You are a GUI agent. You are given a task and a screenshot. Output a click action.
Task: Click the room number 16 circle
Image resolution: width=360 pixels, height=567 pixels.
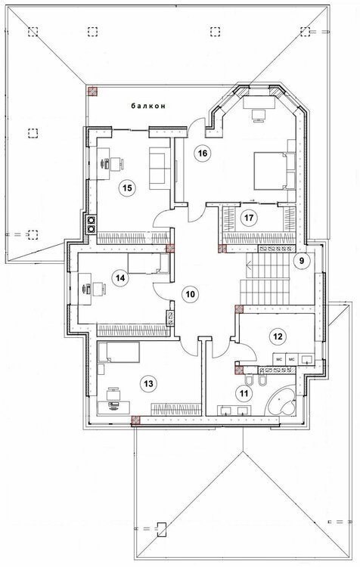[x=202, y=153]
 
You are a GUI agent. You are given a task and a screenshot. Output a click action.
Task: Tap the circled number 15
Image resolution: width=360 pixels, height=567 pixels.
[x=126, y=188]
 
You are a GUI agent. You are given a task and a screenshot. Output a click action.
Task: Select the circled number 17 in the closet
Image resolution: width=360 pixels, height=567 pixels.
[x=250, y=218]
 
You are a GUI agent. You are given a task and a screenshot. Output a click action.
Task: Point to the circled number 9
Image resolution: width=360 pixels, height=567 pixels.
[x=302, y=259]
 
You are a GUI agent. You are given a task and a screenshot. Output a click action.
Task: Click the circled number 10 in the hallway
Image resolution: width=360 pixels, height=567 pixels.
[x=191, y=294]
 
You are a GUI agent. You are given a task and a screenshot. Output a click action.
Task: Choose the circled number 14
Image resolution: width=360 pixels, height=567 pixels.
[x=120, y=277]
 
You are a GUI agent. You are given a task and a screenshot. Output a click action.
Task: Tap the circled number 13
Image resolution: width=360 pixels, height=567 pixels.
[x=149, y=383]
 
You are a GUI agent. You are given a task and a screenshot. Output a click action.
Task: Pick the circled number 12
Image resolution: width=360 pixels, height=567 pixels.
[x=278, y=336]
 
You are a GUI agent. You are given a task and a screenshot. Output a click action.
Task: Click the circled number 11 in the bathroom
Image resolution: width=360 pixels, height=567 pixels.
[x=244, y=393]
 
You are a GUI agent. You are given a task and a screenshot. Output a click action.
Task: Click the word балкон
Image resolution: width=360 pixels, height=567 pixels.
[x=148, y=106]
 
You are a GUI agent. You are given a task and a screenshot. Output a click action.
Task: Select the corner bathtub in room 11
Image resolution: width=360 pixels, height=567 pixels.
[x=281, y=401]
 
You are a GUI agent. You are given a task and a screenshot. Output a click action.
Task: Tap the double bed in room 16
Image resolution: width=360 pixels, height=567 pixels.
[x=275, y=171]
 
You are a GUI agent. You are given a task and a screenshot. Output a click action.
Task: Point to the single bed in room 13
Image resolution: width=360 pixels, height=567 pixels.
[x=119, y=352]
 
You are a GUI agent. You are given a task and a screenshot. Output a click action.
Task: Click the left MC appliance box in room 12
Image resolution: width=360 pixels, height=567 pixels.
[x=279, y=359]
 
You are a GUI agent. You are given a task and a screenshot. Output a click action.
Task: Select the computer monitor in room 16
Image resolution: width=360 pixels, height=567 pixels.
[x=259, y=116]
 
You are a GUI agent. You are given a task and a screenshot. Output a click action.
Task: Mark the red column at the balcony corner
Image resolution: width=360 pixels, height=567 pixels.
[x=93, y=91]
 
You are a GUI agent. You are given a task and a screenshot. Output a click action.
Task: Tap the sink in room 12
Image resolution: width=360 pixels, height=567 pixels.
[x=307, y=359]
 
